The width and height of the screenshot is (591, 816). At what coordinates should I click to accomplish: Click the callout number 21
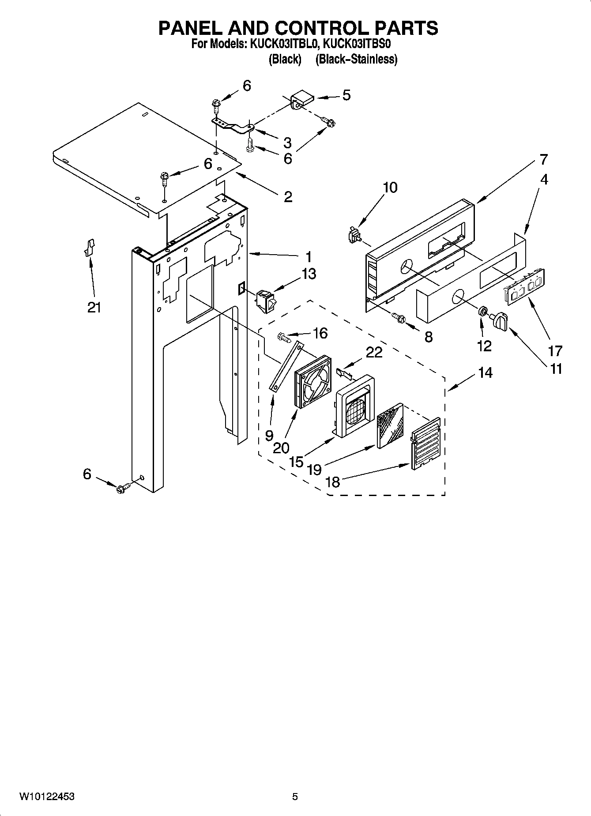tap(94, 307)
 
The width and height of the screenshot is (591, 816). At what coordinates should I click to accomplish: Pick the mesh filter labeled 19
tap(390, 425)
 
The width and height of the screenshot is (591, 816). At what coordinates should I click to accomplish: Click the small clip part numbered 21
tap(90, 247)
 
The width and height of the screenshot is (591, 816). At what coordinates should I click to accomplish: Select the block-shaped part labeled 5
tap(301, 98)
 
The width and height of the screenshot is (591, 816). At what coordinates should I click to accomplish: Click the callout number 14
tap(485, 373)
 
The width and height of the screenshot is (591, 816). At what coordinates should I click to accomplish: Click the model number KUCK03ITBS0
tap(358, 45)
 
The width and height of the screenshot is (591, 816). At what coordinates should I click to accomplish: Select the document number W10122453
tap(46, 797)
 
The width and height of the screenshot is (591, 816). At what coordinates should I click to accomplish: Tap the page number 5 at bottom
tap(295, 797)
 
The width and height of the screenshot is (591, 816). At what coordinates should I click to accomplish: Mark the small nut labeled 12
tap(483, 312)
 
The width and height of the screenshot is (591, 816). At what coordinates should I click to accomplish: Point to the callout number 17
tap(555, 351)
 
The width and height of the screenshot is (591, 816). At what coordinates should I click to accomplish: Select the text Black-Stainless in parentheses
tap(356, 59)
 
